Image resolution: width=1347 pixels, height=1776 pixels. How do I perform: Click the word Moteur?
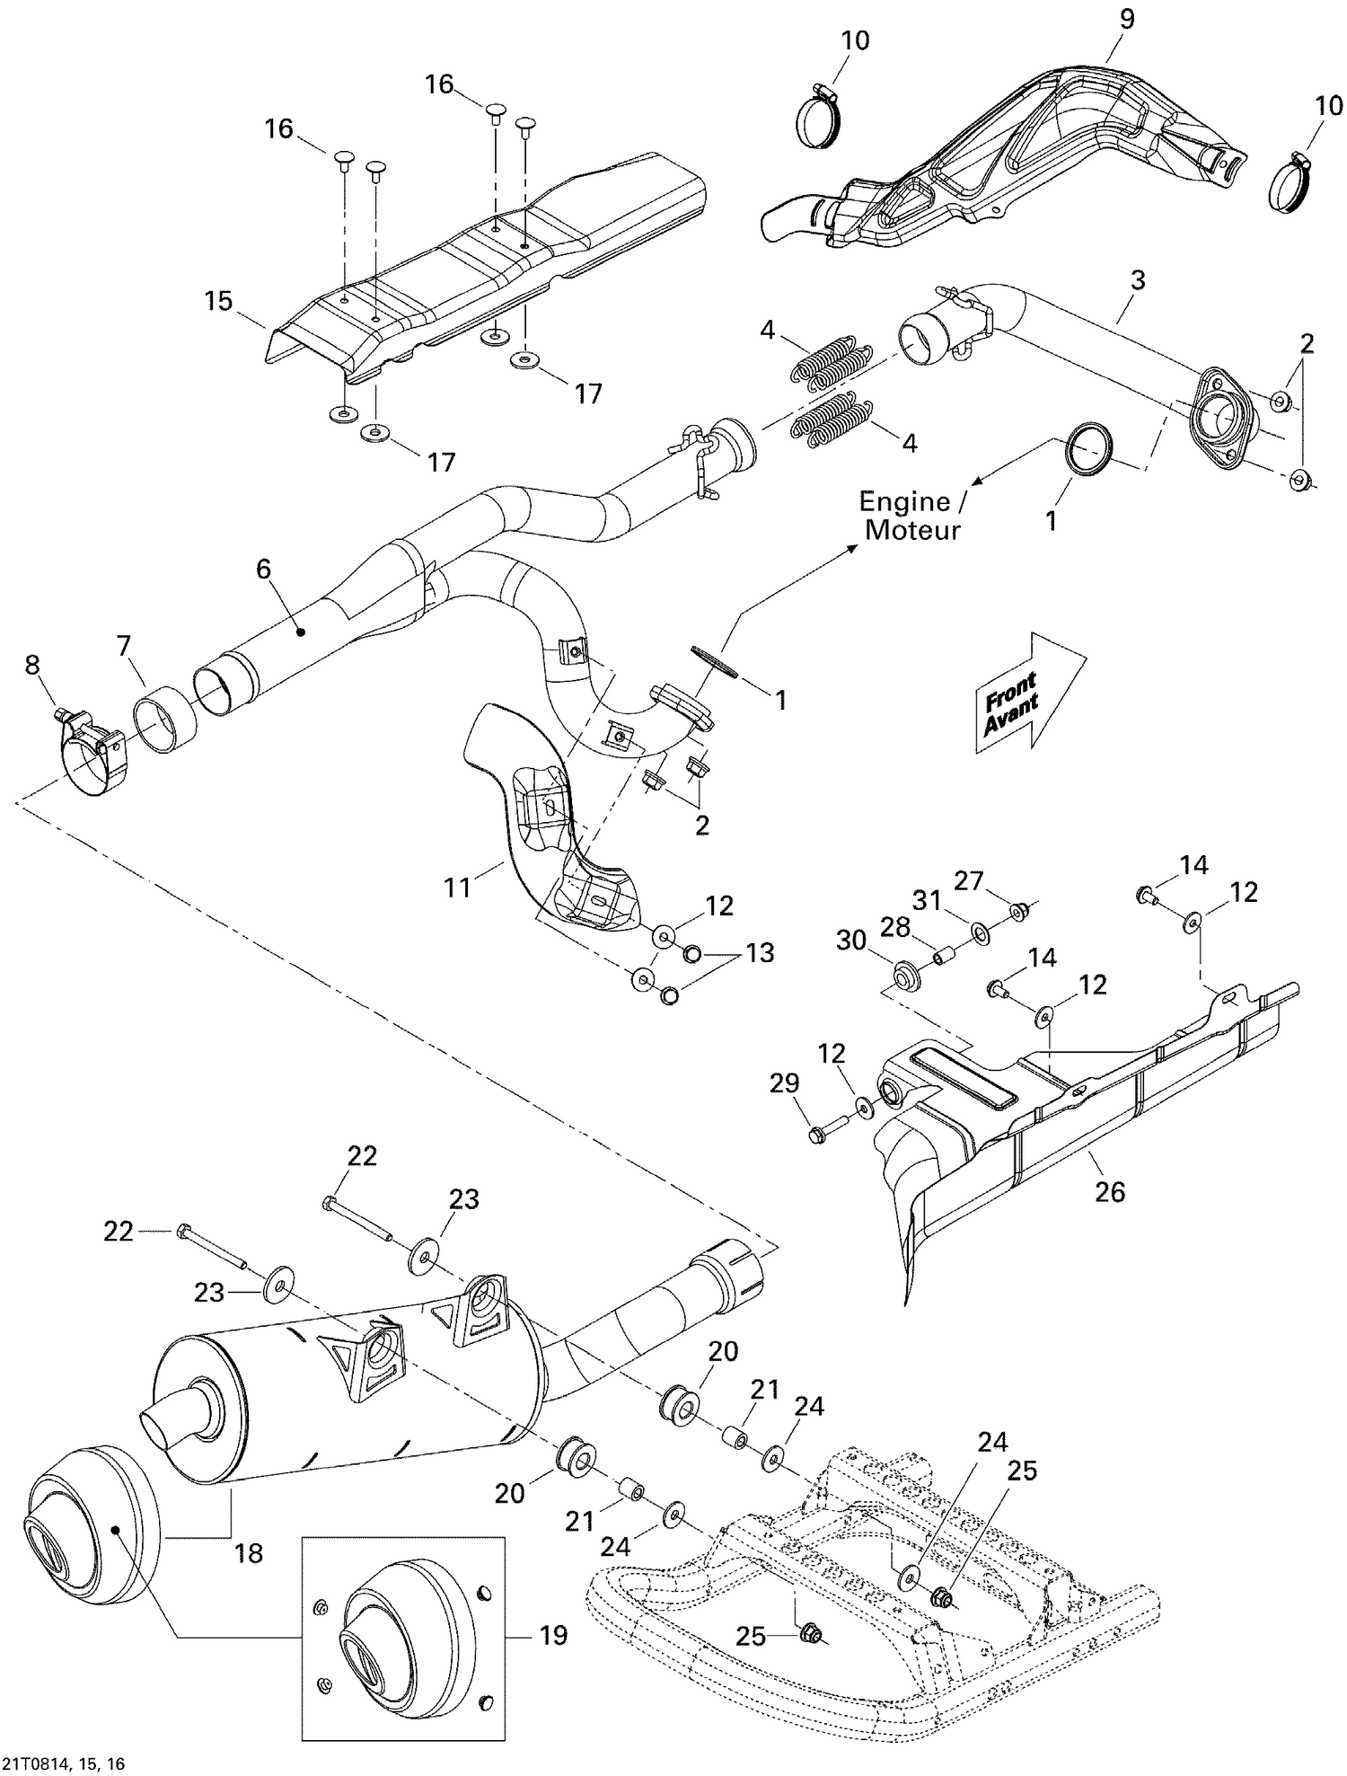(911, 530)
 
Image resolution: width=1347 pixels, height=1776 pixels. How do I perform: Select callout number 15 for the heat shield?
(218, 301)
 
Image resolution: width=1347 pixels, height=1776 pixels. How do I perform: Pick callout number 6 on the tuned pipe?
(263, 569)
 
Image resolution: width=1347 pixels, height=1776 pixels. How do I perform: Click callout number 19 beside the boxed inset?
(553, 1635)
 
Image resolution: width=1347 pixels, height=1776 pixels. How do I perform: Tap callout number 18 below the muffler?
(249, 1552)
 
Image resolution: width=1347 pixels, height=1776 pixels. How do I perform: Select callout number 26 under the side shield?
(1110, 1191)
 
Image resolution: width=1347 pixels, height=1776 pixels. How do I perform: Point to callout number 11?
(458, 887)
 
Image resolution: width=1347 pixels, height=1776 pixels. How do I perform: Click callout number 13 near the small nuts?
(760, 952)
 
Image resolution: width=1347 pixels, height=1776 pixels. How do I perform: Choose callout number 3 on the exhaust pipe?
(1137, 279)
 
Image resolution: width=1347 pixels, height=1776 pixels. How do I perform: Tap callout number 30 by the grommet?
(851, 940)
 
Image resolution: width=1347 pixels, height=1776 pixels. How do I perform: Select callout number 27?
(969, 881)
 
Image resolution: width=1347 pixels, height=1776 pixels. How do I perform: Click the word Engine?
(904, 501)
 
